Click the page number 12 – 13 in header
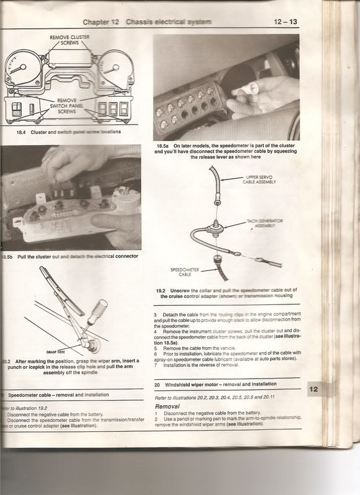click(x=285, y=22)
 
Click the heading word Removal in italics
click(x=167, y=407)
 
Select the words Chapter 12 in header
click(x=101, y=22)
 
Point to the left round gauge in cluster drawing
click(x=20, y=69)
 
